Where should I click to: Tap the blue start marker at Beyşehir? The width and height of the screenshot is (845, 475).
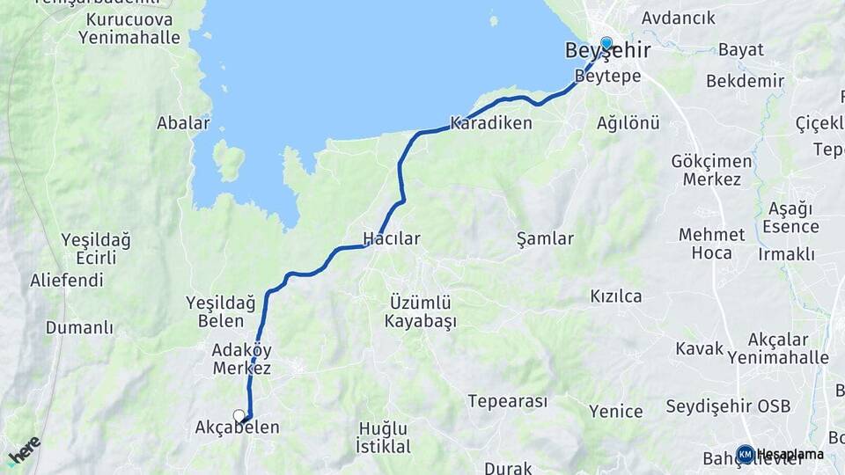coord(606,42)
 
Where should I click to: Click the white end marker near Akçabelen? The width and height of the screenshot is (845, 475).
coord(239,414)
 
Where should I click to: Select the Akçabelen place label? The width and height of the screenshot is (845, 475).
coord(237,428)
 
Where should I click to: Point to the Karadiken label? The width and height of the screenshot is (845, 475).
coord(491,123)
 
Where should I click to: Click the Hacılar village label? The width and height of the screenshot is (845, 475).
coord(392,238)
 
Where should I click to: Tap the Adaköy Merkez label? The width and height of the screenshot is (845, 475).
coord(241,359)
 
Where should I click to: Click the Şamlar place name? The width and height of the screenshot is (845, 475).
coord(545,238)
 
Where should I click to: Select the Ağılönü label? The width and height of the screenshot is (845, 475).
coord(628,123)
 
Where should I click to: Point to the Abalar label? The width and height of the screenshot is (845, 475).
coord(183,123)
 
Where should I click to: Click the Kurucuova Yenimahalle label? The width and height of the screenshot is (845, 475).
coord(129,28)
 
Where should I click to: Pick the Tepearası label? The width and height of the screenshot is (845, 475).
coord(507,401)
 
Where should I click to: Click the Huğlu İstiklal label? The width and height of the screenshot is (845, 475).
coord(384,437)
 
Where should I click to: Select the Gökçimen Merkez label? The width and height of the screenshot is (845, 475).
coord(711,171)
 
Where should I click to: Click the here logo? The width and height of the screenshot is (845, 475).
coord(24,450)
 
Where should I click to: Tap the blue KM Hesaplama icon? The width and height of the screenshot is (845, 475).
coord(745,454)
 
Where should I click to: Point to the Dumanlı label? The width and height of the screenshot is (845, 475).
coord(80,328)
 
